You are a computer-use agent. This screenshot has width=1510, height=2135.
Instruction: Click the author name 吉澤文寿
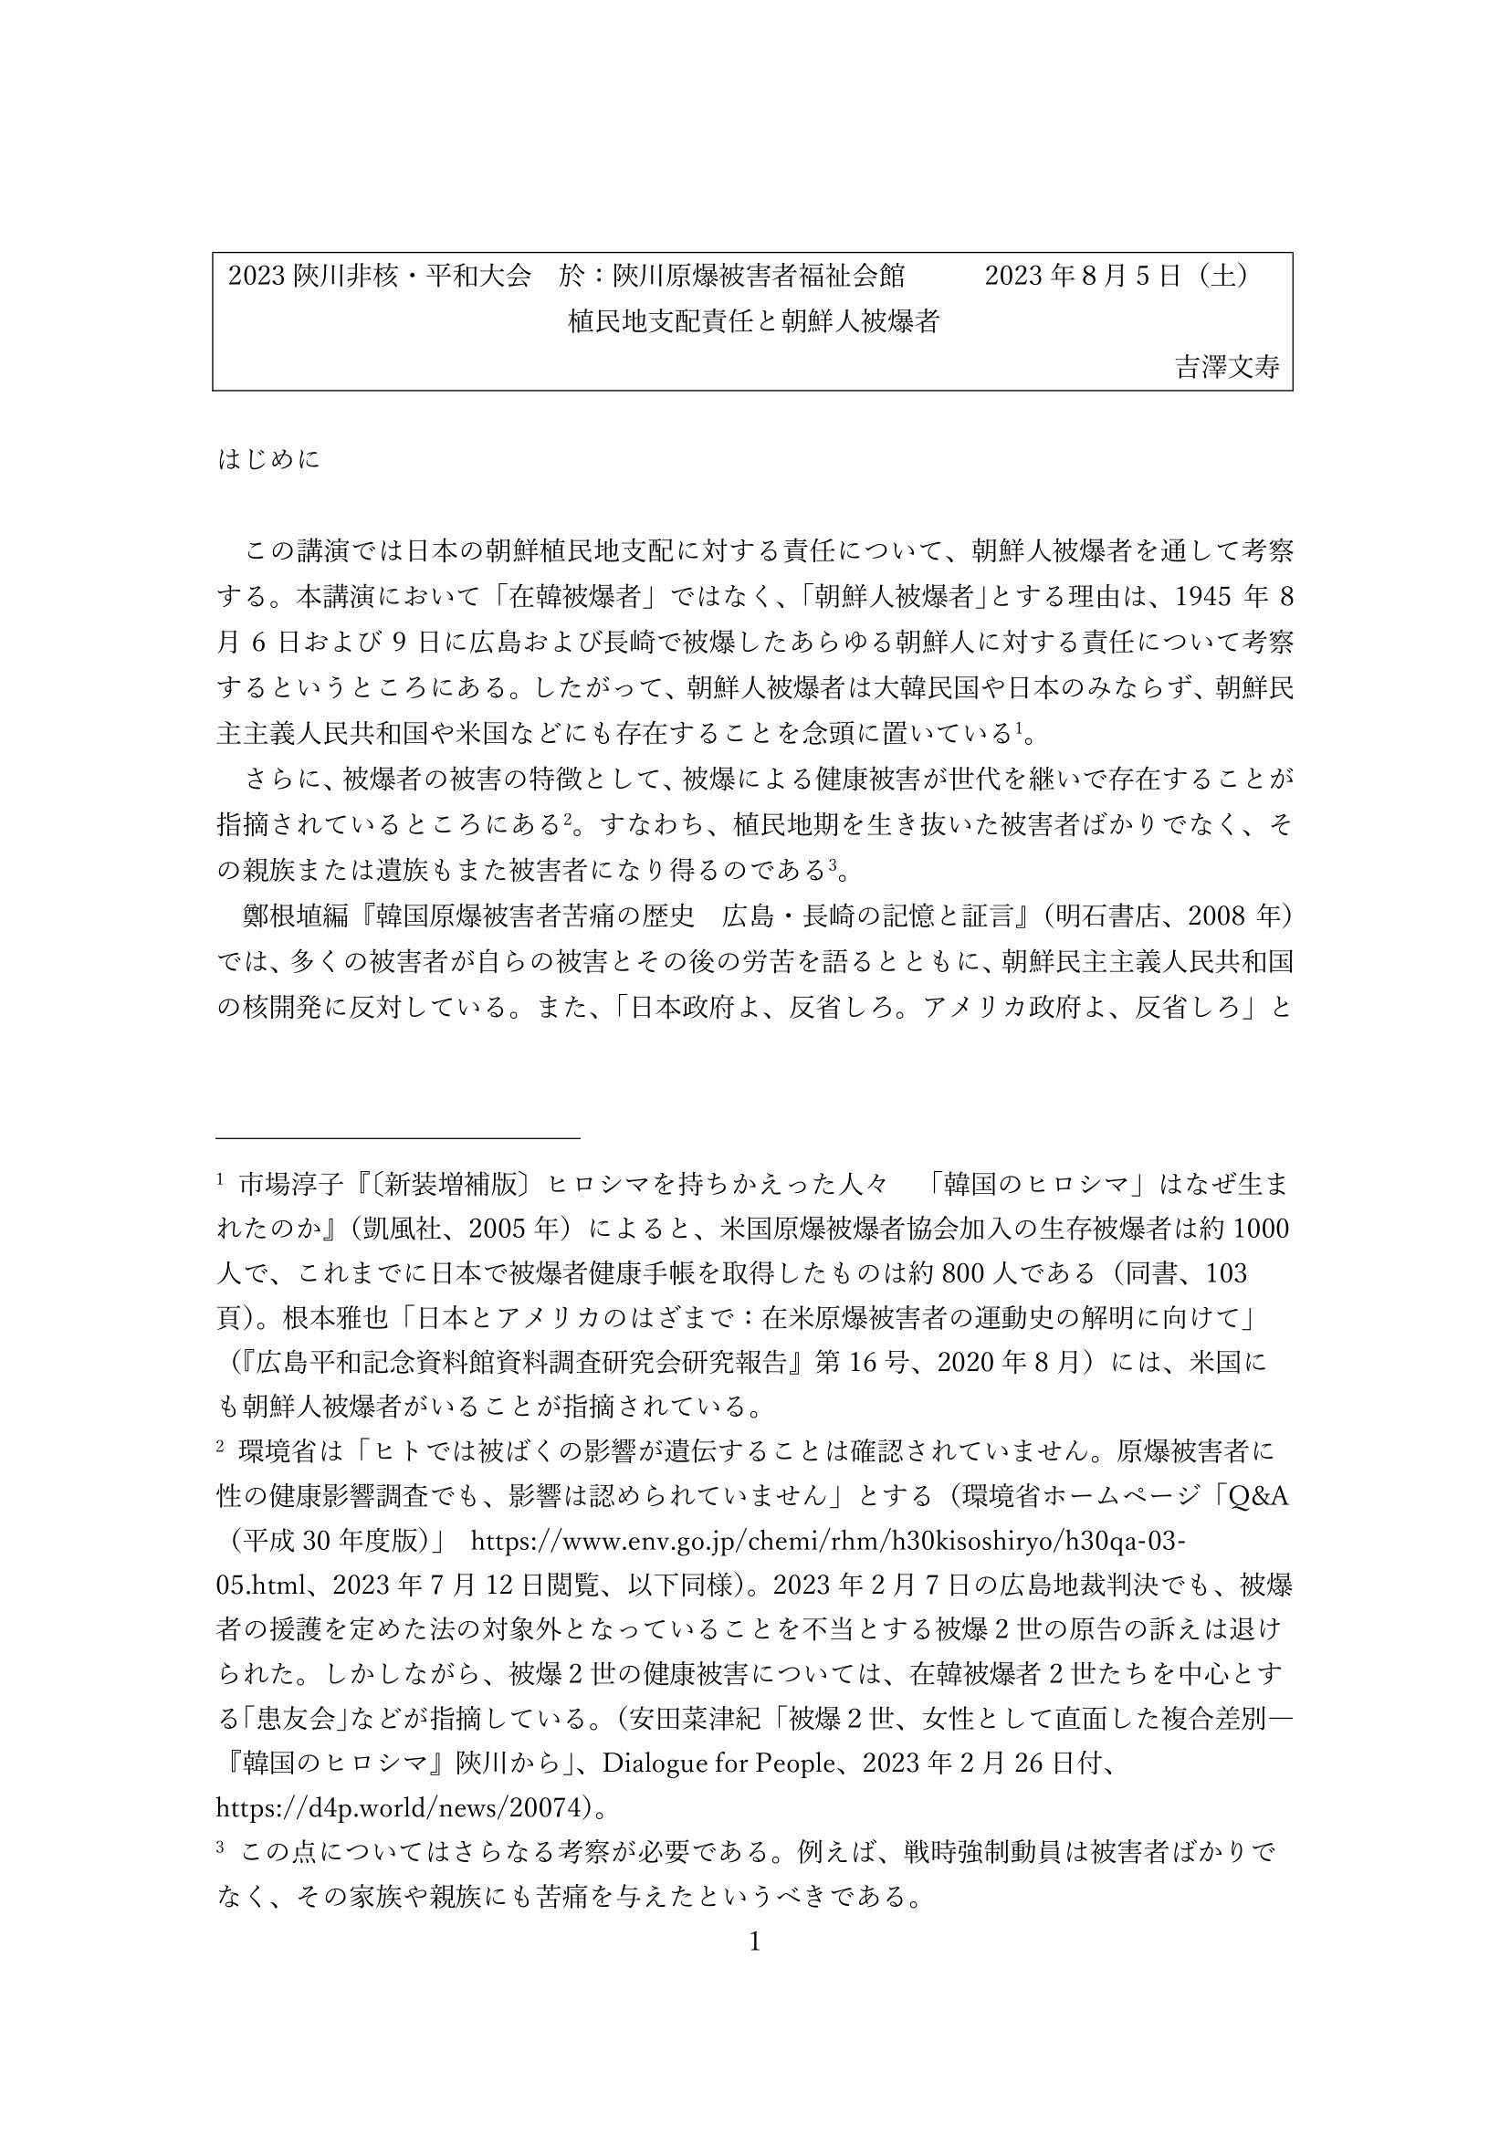[1227, 367]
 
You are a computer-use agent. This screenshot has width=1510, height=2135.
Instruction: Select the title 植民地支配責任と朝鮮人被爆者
[754, 321]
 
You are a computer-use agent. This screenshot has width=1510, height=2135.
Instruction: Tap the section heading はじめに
[268, 459]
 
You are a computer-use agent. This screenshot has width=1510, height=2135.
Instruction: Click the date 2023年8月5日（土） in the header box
[1116, 277]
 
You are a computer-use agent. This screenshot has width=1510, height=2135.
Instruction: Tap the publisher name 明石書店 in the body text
[1101, 916]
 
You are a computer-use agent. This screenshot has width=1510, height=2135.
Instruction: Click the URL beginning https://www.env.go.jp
[827, 1542]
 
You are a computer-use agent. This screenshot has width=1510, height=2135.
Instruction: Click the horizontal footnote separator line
[397, 1137]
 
